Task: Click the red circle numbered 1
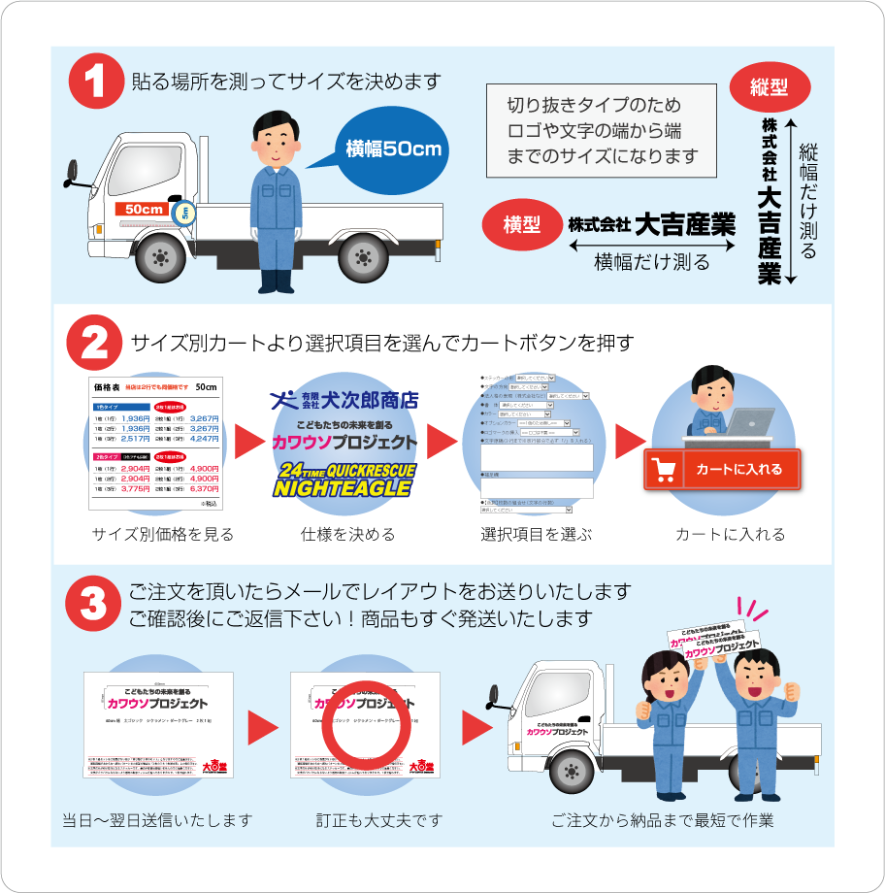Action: pos(96,80)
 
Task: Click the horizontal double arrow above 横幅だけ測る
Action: pos(651,246)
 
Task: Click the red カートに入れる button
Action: pos(722,470)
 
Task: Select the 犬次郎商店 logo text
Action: pos(344,399)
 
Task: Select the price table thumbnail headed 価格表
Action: pos(157,443)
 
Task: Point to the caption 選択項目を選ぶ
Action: pos(536,535)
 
